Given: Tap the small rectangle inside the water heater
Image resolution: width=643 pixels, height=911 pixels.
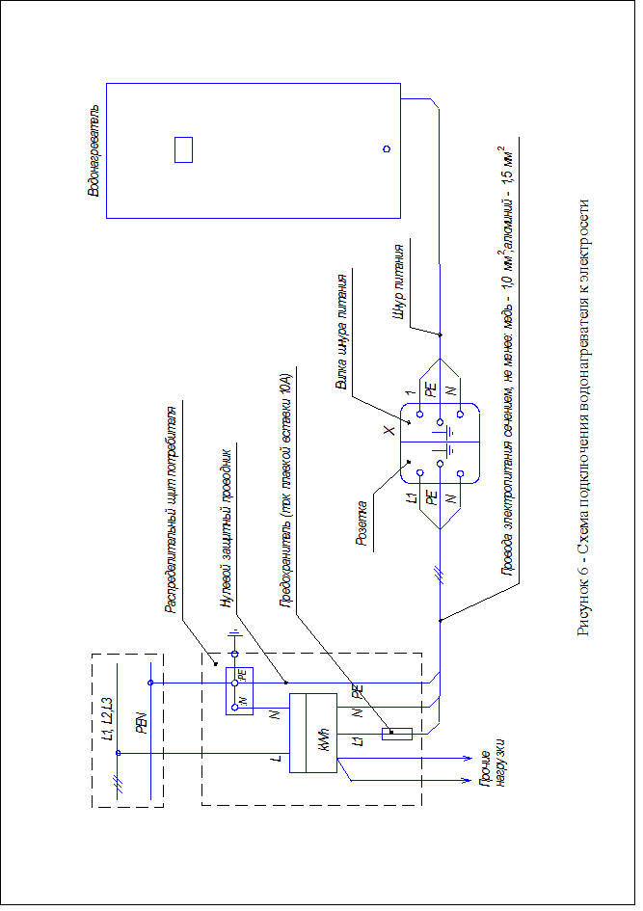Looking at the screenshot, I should point(184,150).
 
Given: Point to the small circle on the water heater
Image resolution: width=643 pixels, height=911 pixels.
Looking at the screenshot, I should point(387,149).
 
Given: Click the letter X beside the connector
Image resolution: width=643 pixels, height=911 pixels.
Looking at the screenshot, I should point(388,431).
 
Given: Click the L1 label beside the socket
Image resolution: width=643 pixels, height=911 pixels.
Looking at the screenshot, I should point(412,498).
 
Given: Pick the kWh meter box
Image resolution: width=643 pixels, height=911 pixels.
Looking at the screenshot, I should point(313,734).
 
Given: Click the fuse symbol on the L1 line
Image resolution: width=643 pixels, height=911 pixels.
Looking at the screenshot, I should point(397,734).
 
